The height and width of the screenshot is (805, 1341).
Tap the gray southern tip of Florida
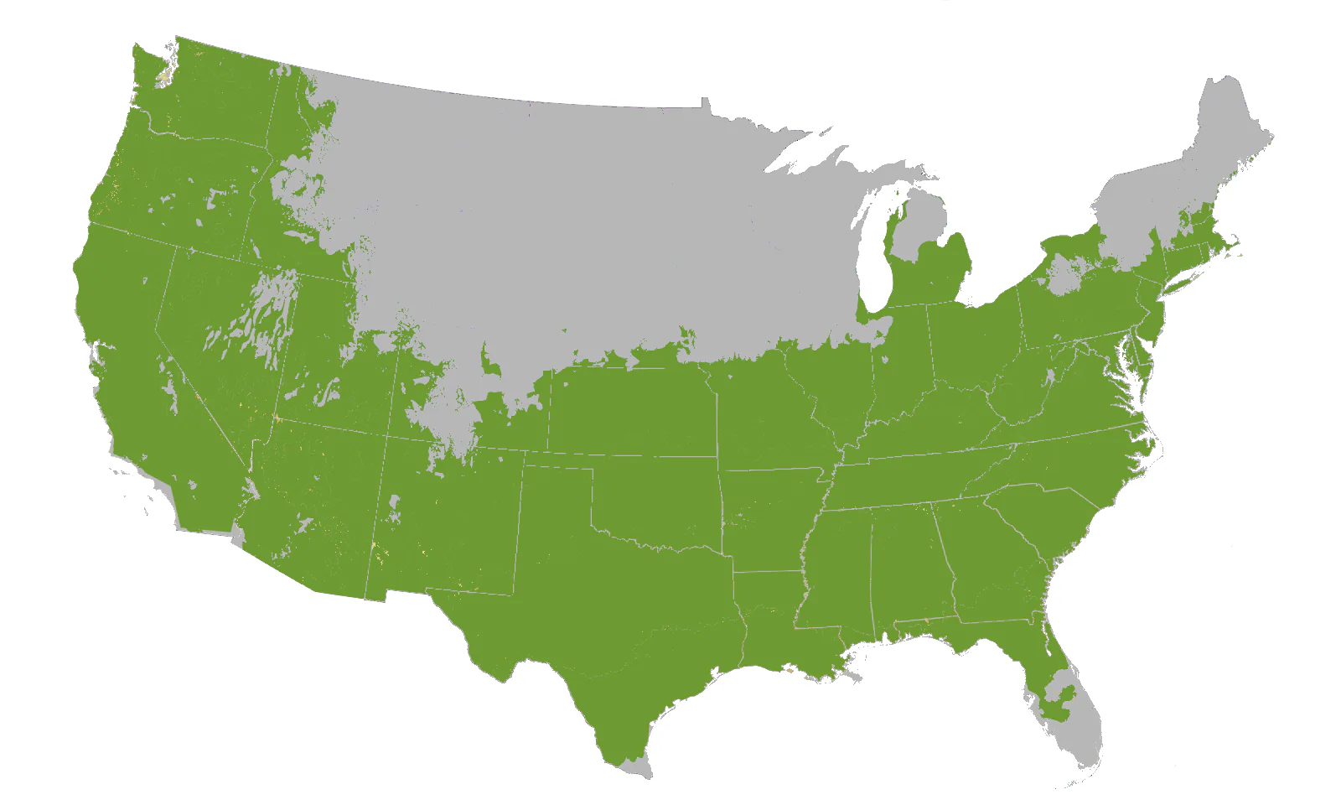1081,738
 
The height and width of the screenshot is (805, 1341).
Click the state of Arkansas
767,520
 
